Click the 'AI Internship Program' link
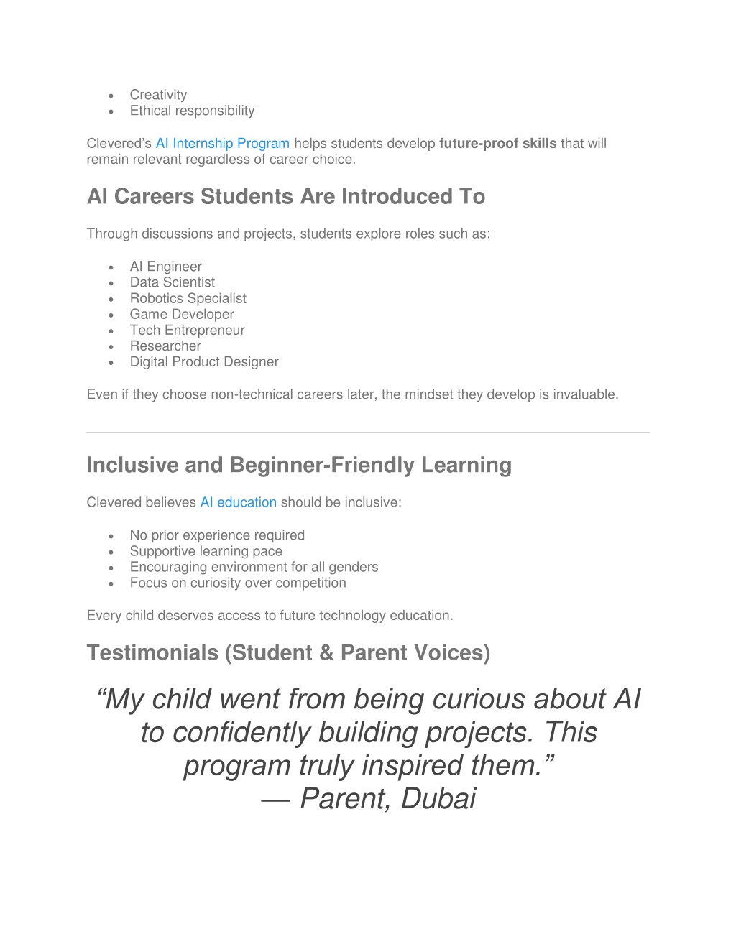(222, 144)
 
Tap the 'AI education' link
(238, 502)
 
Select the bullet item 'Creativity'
(158, 95)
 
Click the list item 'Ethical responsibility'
(192, 111)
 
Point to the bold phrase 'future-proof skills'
(497, 144)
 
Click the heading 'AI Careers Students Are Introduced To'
(285, 196)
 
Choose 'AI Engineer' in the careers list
(165, 267)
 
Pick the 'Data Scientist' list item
(172, 282)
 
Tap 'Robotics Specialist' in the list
(188, 298)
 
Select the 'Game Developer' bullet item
(182, 314)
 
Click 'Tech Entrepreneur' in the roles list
(187, 330)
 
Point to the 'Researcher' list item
(165, 346)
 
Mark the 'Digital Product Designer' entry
(204, 361)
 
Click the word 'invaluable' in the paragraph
(584, 394)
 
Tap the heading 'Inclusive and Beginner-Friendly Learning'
(299, 465)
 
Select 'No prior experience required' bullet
(217, 535)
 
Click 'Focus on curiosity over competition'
(238, 583)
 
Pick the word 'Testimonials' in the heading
(152, 652)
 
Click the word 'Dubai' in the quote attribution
(438, 798)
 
